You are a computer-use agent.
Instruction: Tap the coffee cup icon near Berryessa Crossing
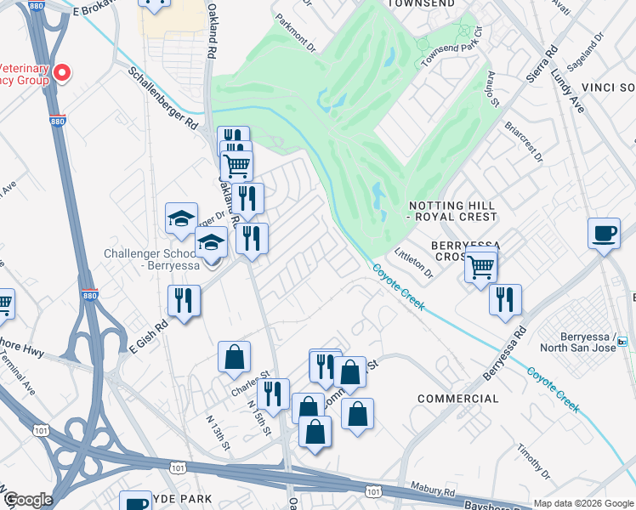pyautogui.click(x=604, y=234)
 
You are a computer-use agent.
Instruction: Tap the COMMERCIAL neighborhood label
pyautogui.click(x=458, y=399)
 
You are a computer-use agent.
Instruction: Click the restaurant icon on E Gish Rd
pyautogui.click(x=185, y=300)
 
